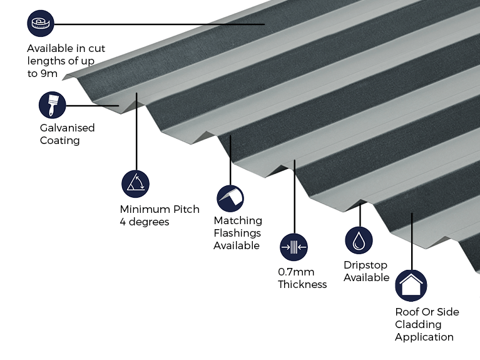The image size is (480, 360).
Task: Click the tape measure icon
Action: click(x=41, y=24)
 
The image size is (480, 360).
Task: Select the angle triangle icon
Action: click(x=135, y=183)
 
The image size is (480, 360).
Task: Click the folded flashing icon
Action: click(x=230, y=198)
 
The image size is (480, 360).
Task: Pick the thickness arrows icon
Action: click(x=294, y=247)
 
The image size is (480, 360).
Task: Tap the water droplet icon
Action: click(x=359, y=240)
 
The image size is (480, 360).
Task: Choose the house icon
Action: click(x=411, y=286)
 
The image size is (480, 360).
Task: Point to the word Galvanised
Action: click(x=67, y=128)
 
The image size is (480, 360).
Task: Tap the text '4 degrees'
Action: click(x=145, y=222)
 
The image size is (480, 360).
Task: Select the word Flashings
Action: click(x=238, y=233)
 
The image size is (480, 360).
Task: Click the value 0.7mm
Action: click(x=296, y=272)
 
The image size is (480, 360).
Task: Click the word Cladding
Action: click(x=417, y=324)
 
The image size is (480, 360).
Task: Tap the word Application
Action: click(x=424, y=337)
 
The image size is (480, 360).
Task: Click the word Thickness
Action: click(x=302, y=284)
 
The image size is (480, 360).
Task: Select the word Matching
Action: click(x=238, y=220)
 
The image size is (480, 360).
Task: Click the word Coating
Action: click(x=60, y=140)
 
